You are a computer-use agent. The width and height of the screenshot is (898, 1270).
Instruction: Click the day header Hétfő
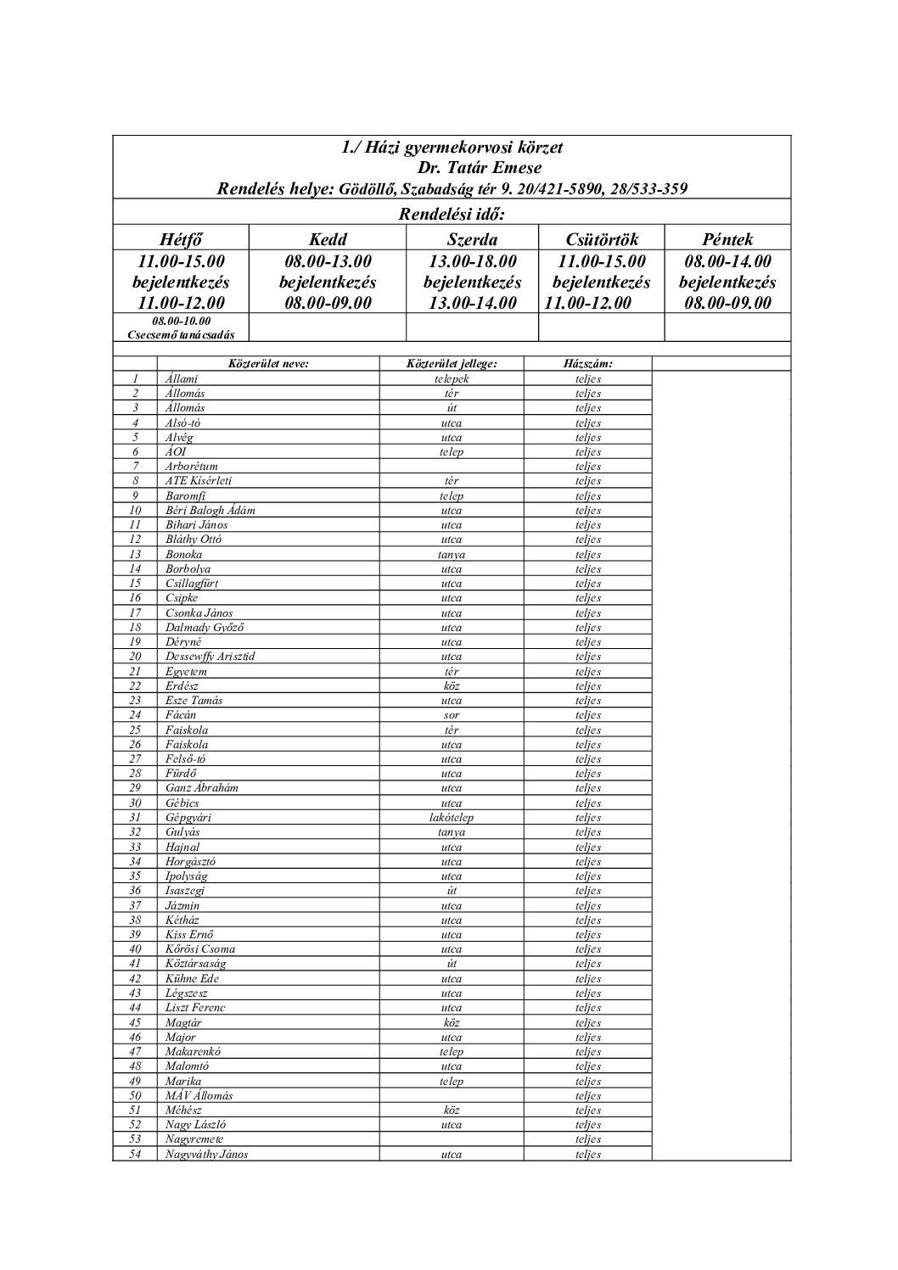[x=181, y=239]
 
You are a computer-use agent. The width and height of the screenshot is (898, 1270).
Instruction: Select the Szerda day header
[x=472, y=239]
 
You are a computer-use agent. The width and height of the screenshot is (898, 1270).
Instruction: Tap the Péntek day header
[x=727, y=239]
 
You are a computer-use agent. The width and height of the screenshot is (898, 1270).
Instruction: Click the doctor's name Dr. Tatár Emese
[x=480, y=167]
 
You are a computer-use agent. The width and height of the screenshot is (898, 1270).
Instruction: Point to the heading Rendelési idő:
[x=452, y=212]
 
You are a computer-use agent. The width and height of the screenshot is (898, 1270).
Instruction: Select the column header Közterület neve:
[x=268, y=364]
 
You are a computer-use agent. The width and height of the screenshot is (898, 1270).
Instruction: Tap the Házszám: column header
[x=587, y=364]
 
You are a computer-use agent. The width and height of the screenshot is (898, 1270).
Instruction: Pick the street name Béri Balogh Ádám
[x=210, y=511]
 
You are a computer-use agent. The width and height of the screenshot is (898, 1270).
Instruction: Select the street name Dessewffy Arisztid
[x=210, y=657]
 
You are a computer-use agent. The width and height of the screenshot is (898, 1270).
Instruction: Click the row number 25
[x=135, y=730]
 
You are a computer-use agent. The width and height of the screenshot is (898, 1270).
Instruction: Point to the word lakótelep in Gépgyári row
[x=452, y=818]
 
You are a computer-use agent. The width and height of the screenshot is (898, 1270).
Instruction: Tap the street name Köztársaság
[x=196, y=964]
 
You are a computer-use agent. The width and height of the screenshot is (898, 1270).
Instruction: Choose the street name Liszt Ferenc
[x=195, y=1008]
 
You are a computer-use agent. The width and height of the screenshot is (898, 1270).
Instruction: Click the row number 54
[x=135, y=1154]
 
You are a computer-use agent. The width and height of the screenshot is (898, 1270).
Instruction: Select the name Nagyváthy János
[x=207, y=1154]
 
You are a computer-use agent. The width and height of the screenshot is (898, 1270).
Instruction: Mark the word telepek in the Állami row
[x=452, y=379]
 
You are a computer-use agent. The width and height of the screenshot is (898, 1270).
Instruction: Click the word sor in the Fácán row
[x=452, y=715]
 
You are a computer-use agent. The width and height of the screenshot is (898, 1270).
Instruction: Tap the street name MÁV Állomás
[x=199, y=1095]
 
